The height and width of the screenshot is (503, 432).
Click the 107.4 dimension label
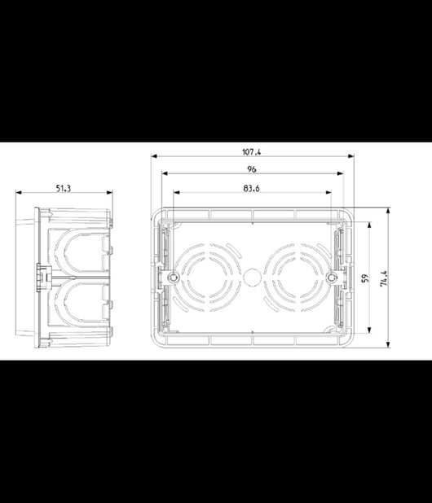pos(252,151)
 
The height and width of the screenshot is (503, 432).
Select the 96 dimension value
pos(252,169)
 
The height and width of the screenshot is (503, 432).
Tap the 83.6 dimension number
pos(252,188)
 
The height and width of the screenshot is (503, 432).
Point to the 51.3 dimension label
pos(64,188)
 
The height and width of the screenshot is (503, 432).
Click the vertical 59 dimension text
pos(365,278)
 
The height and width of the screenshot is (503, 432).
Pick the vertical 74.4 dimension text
pos(384,278)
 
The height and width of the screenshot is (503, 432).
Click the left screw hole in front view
pos(174,278)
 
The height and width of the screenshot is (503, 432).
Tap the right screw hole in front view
pos(331,278)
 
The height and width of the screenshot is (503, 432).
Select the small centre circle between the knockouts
pos(251,278)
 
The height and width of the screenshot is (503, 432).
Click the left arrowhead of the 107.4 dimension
pos(154,156)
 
